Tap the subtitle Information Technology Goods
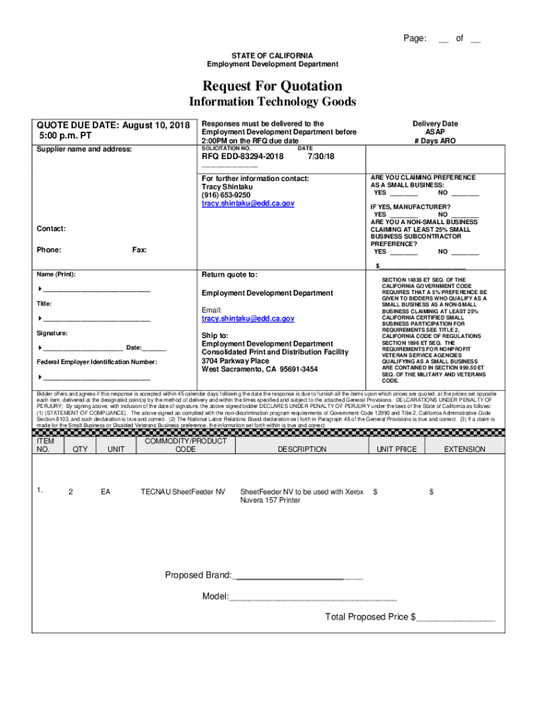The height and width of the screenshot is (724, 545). click(x=272, y=103)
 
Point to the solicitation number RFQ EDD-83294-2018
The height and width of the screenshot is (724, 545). click(x=243, y=156)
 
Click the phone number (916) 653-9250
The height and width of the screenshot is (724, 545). click(x=226, y=194)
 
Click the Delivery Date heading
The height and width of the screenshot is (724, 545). click(x=435, y=124)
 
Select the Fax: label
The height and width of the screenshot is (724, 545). click(x=139, y=250)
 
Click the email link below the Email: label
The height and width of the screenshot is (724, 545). click(x=248, y=319)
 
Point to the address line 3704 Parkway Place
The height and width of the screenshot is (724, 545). click(x=235, y=361)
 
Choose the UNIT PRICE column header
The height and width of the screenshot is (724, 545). click(x=396, y=449)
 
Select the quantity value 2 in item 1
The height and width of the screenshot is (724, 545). click(x=70, y=491)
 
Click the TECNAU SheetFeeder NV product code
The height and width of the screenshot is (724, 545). click(x=183, y=491)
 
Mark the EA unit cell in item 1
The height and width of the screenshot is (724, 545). click(x=105, y=491)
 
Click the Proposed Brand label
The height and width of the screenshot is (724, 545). click(x=198, y=575)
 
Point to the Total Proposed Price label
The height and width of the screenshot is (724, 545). click(x=367, y=617)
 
